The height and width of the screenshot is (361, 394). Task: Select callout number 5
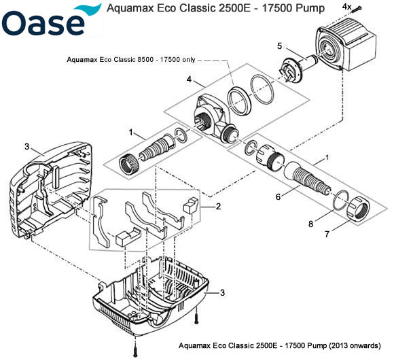[x=279, y=46]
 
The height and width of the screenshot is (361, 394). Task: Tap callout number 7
[x=328, y=233]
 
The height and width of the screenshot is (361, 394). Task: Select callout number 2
[x=218, y=205]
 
